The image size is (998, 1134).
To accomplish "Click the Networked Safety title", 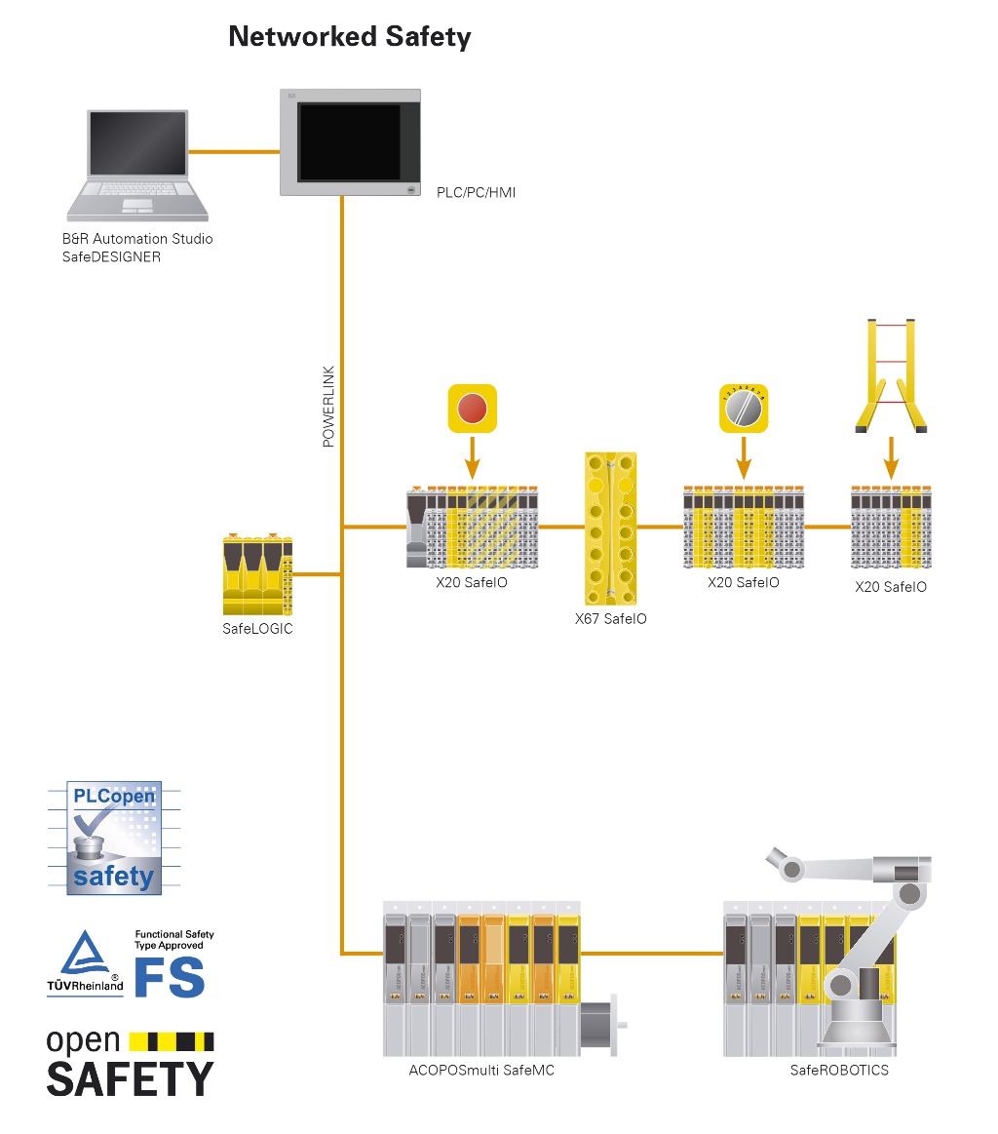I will coord(349,37).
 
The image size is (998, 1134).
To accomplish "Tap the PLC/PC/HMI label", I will coord(476,193).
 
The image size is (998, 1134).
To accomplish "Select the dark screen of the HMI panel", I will coord(349,141).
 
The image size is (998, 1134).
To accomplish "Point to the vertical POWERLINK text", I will coord(328,407).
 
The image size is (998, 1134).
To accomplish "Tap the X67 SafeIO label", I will coord(610,618).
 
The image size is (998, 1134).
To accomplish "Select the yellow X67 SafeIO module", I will coord(610,528).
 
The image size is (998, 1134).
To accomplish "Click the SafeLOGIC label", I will coord(257,629).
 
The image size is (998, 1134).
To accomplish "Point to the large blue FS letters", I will coord(169,976).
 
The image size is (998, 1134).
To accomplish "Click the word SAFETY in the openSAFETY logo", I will coord(130,1078).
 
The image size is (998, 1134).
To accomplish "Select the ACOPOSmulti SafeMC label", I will coord(481,1070).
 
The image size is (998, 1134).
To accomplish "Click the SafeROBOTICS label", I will coord(839,1070).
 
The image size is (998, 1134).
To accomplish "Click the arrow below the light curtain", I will coord(890,456).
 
